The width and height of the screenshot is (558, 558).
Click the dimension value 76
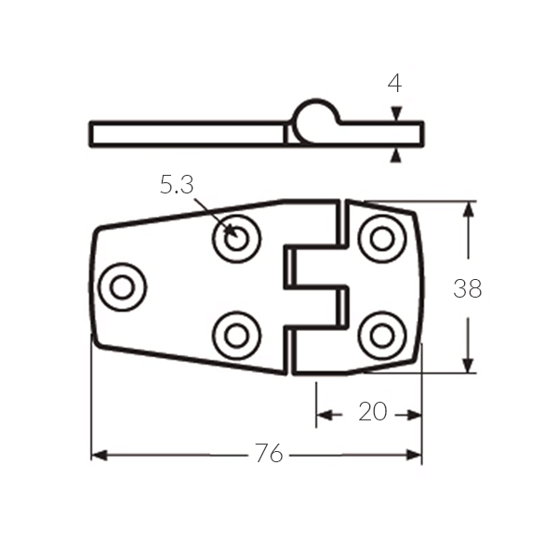[269, 453]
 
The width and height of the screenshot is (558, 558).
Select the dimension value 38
[468, 288]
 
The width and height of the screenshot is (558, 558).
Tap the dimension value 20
[373, 411]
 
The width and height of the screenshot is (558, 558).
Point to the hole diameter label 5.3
[177, 185]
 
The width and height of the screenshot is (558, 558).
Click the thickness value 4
[394, 84]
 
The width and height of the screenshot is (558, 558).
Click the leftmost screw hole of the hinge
[123, 287]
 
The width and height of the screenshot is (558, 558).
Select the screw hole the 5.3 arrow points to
[236, 238]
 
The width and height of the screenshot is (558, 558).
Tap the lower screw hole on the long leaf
[236, 336]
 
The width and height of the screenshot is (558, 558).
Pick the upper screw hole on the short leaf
[382, 238]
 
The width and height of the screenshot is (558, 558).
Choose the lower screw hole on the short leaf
[382, 336]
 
